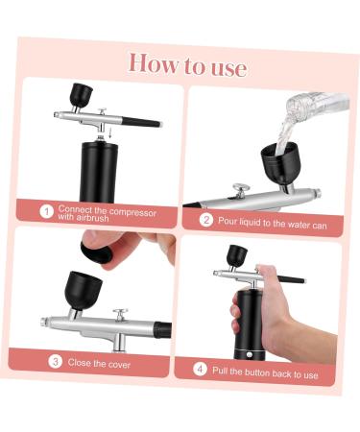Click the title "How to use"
pos(187,64)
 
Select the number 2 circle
pos(205,220)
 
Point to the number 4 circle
pos(200,368)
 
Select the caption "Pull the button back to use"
pos(265,372)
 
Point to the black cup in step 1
pos(82,95)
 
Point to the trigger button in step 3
pos(121,313)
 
